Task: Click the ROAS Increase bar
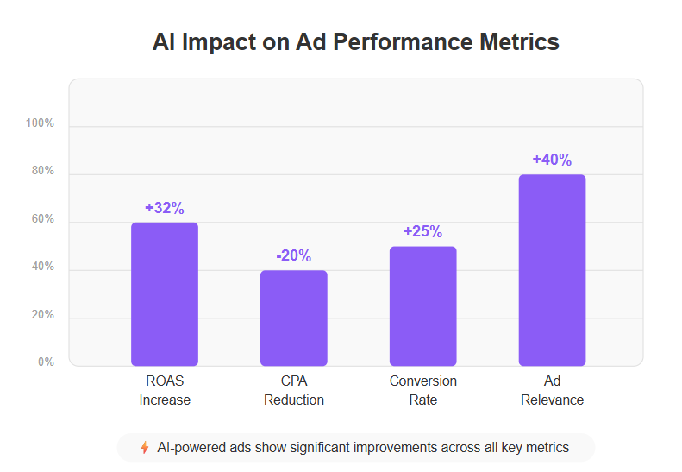tap(165, 294)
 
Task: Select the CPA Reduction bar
tap(294, 318)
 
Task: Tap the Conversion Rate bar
tap(423, 306)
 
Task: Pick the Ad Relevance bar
tap(552, 270)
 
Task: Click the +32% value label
tap(165, 208)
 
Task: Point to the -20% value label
tap(294, 256)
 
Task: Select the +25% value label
tap(423, 232)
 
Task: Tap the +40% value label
tap(552, 160)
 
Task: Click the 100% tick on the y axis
tap(40, 123)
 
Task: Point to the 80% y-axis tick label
tap(42, 172)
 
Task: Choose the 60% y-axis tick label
tap(42, 220)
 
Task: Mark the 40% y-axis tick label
tap(42, 267)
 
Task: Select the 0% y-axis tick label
tap(46, 362)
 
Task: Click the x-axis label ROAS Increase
tap(165, 391)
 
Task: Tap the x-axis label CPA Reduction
tap(294, 391)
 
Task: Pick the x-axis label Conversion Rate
tap(423, 391)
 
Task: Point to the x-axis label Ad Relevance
tap(552, 391)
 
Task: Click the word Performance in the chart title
tap(385, 42)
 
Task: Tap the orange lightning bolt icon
tap(144, 448)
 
